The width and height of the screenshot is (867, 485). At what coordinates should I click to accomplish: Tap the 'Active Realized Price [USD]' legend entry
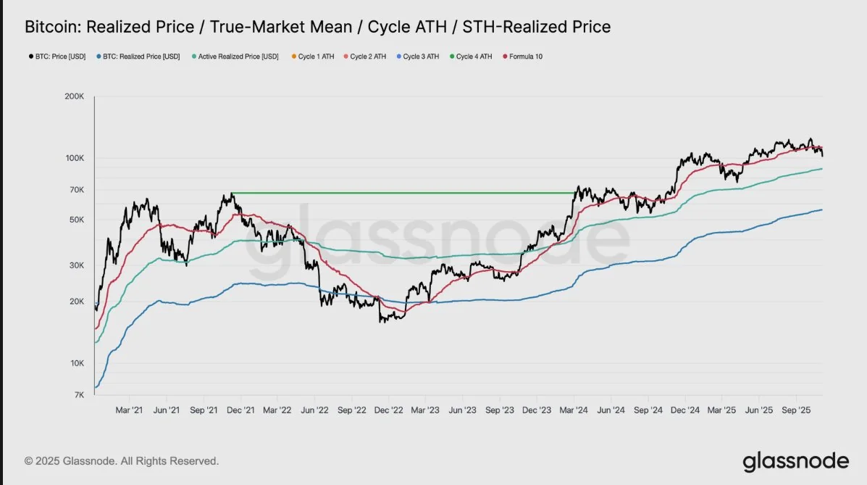pyautogui.click(x=235, y=56)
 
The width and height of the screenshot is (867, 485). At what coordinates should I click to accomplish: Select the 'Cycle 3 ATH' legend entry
pyautogui.click(x=418, y=56)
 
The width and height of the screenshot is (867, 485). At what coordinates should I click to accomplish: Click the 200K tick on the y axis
pyautogui.click(x=75, y=96)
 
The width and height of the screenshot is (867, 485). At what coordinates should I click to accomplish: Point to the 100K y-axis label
pyautogui.click(x=75, y=158)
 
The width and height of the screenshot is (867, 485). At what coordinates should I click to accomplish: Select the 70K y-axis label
pyautogui.click(x=78, y=190)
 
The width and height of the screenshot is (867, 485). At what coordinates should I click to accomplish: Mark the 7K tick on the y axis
pyautogui.click(x=80, y=395)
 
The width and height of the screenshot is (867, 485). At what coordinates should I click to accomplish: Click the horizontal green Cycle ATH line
pyautogui.click(x=398, y=193)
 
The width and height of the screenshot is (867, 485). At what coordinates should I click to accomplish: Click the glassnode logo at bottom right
pyautogui.click(x=795, y=461)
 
